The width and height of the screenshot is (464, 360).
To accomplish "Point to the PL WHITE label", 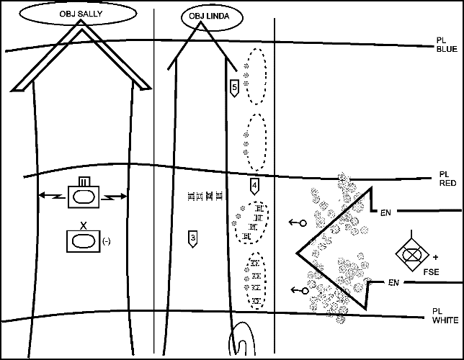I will click(441, 315).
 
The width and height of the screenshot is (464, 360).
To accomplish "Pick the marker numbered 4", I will click(254, 186).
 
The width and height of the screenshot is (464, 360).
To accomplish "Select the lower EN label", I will click(394, 282).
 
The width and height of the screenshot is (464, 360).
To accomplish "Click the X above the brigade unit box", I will click(84, 225).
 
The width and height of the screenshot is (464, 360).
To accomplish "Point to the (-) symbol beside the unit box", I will click(107, 240).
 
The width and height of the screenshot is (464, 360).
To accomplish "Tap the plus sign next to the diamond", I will click(435, 256).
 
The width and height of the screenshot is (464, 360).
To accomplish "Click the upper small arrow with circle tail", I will click(296, 223).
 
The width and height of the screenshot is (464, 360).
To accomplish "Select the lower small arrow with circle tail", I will click(298, 290).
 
